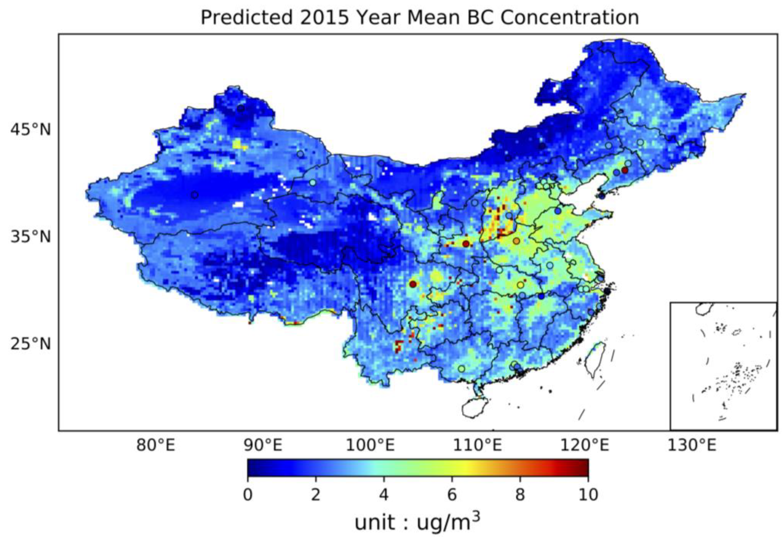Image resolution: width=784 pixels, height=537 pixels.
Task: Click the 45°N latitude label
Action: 30,129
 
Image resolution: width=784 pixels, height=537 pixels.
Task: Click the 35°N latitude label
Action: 30,237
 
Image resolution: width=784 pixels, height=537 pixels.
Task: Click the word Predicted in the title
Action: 246,18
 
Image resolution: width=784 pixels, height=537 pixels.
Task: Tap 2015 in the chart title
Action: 324,18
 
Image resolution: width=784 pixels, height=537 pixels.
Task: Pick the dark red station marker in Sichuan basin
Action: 413,284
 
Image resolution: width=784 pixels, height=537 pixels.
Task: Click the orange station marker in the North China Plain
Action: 516,241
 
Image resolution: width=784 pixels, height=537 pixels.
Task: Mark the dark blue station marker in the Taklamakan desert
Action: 194,195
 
